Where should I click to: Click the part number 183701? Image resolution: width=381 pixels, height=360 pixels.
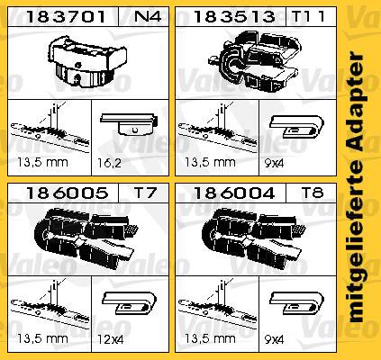click(66, 17)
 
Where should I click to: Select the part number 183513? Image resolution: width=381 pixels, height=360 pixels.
click(233, 17)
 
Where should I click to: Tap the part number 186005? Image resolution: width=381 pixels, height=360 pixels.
click(68, 193)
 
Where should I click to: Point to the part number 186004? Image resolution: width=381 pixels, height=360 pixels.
click(233, 193)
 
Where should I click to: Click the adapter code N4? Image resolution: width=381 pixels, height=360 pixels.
click(147, 16)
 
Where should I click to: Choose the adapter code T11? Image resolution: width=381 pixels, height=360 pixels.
click(308, 16)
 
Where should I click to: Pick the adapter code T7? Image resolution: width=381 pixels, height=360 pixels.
click(145, 193)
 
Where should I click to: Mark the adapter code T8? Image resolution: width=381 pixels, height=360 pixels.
click(313, 193)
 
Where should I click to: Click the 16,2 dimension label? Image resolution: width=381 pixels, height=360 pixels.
click(109, 163)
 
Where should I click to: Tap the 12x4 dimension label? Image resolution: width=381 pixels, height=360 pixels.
click(110, 340)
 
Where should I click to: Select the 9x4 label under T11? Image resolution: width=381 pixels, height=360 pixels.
click(274, 163)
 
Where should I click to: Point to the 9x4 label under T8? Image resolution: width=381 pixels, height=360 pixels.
click(274, 340)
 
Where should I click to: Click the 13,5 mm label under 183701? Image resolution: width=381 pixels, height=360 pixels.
click(42, 163)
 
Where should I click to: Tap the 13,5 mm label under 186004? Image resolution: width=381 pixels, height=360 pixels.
click(210, 339)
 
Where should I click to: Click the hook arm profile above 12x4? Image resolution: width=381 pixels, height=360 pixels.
click(130, 302)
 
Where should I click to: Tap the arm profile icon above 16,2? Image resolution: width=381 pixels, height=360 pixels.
click(130, 124)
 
